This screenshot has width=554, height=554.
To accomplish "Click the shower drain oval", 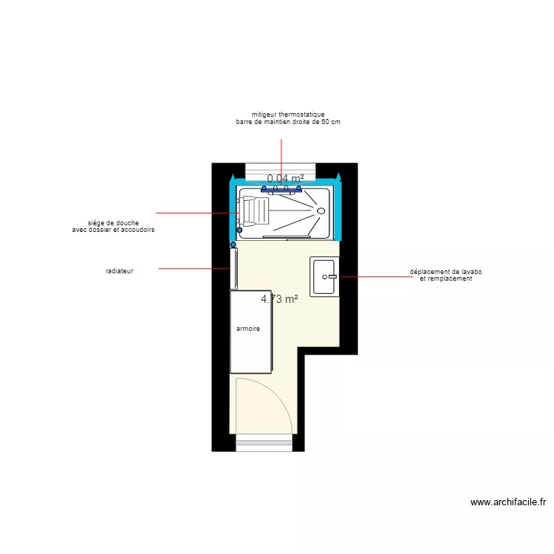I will point(321,211).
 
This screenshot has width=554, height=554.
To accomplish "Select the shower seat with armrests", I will point(254,211).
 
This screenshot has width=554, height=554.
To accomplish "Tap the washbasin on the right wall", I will point(324,277).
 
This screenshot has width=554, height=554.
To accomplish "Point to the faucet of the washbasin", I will point(332,277).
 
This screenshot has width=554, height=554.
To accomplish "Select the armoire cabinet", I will point(251,332).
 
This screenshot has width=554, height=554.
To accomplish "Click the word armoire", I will point(247,329).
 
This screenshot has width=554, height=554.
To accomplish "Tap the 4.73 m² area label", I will point(279,299).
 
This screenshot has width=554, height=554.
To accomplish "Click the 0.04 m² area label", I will point(285,178).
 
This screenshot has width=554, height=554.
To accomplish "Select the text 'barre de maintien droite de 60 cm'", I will point(288,122).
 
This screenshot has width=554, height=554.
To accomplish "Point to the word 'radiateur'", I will point(119,271).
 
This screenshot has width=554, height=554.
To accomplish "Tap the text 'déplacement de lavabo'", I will point(445,272).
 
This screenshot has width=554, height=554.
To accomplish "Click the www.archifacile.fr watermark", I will point(508,502).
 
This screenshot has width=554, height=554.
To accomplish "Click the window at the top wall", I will point(281,170).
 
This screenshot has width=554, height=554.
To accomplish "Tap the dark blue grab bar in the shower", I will point(281,190).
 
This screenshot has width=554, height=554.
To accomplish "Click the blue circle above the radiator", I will point(233,244).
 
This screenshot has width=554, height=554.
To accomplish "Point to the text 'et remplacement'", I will point(445,278).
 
